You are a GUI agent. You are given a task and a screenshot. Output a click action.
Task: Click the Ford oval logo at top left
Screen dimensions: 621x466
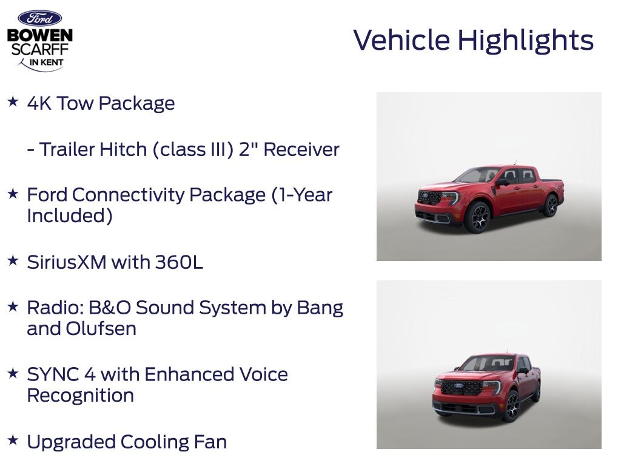click(39, 18)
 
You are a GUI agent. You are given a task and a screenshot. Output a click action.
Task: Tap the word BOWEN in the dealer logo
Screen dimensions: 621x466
click(39, 35)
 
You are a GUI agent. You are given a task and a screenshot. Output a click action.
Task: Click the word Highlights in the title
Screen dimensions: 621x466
click(526, 41)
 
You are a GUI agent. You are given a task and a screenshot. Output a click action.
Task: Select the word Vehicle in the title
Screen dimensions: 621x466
click(401, 40)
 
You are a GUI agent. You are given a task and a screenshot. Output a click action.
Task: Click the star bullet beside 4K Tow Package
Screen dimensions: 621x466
click(13, 101)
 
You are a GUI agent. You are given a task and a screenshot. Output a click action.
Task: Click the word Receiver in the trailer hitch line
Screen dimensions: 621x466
click(301, 150)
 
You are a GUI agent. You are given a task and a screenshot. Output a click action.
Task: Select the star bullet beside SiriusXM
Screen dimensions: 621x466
click(13, 260)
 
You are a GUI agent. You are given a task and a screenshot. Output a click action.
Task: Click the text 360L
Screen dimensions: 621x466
click(179, 262)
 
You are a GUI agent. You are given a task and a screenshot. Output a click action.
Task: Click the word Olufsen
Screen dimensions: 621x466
click(101, 328)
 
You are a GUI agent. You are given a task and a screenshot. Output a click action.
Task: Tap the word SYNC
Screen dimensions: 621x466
click(53, 374)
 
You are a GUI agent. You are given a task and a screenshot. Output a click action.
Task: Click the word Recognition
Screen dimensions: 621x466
click(81, 396)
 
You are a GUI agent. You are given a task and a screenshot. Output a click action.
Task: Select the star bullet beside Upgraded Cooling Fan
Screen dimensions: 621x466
click(13, 440)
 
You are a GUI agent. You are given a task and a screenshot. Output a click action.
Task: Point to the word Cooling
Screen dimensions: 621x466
click(154, 442)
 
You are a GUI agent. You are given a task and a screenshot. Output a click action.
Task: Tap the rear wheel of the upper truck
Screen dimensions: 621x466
click(551, 206)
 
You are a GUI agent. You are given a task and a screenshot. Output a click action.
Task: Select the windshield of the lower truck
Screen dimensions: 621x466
click(487, 363)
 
